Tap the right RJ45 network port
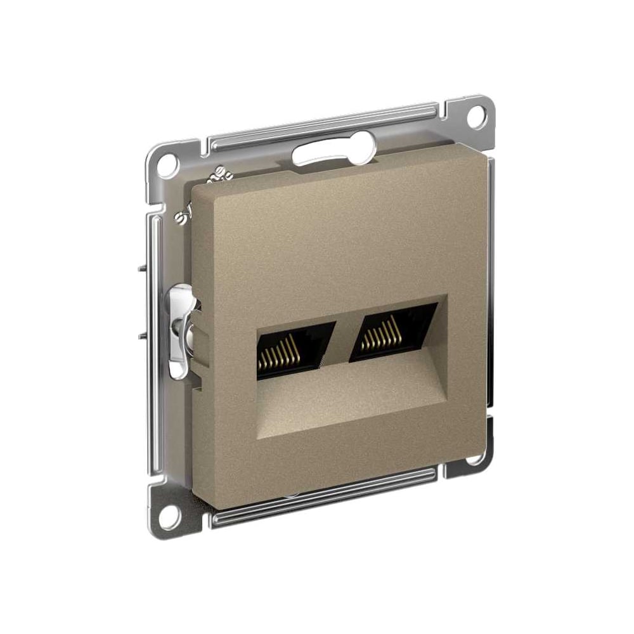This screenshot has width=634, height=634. tap(392, 332)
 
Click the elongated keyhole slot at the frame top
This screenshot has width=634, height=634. tap(330, 151)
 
